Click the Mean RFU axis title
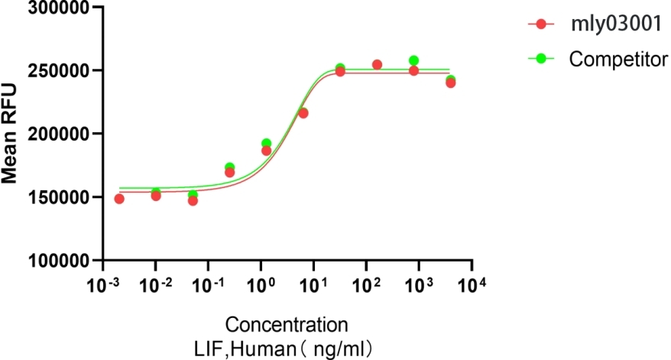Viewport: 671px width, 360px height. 10,133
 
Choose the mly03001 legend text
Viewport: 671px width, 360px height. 608,24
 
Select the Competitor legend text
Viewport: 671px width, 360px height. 619,58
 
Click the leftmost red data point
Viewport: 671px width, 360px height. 119,199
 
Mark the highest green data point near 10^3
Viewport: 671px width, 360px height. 413,60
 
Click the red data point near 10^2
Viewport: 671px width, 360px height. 377,65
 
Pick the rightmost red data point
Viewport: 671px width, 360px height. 450,83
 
